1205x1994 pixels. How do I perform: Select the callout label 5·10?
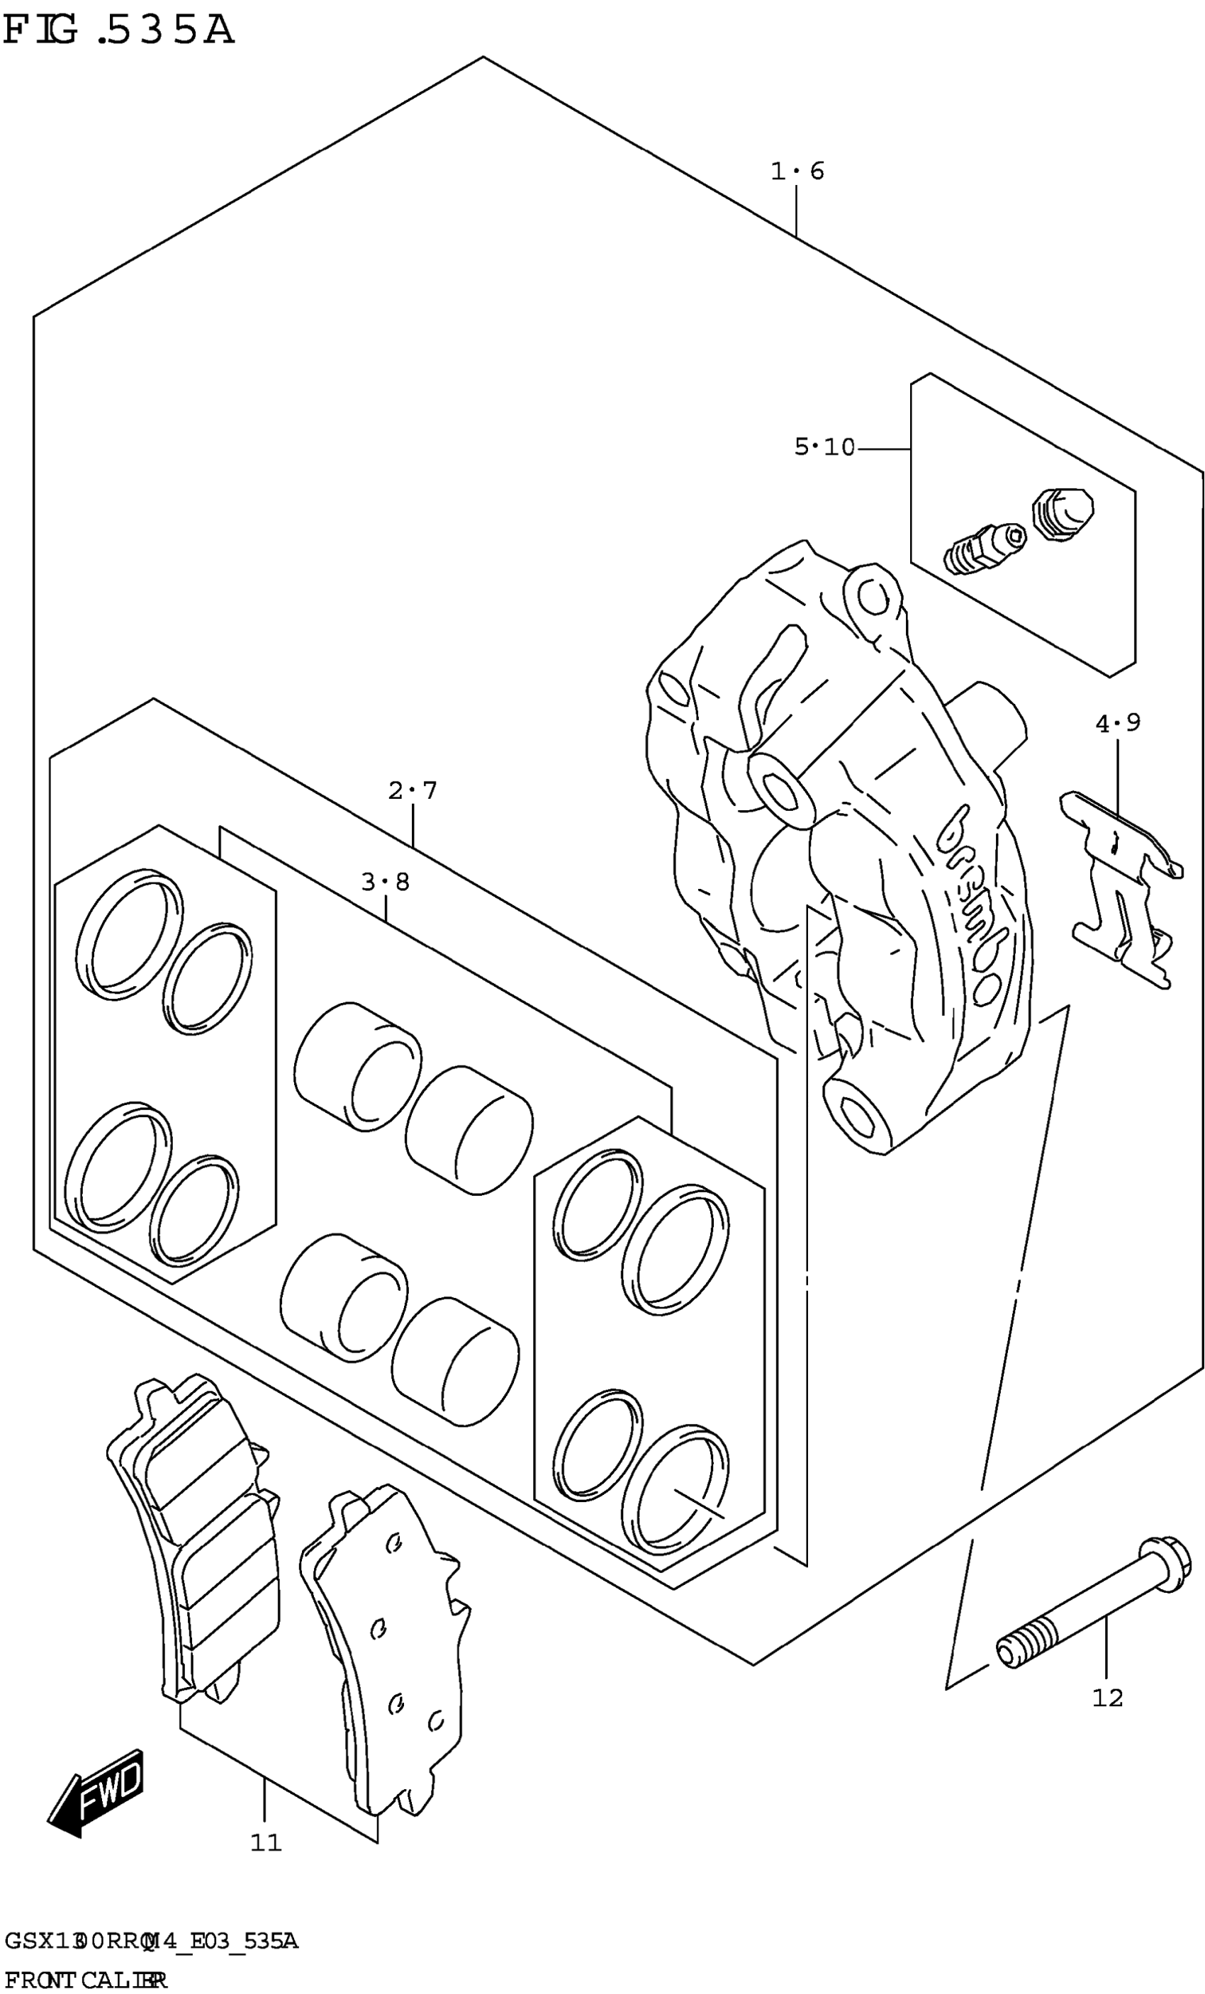click(x=824, y=447)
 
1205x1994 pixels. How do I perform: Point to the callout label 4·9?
click(x=1118, y=722)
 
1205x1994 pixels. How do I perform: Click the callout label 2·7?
click(x=412, y=790)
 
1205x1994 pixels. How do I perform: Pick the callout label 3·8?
click(x=385, y=882)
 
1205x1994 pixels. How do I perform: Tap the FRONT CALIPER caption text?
click(x=84, y=1981)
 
